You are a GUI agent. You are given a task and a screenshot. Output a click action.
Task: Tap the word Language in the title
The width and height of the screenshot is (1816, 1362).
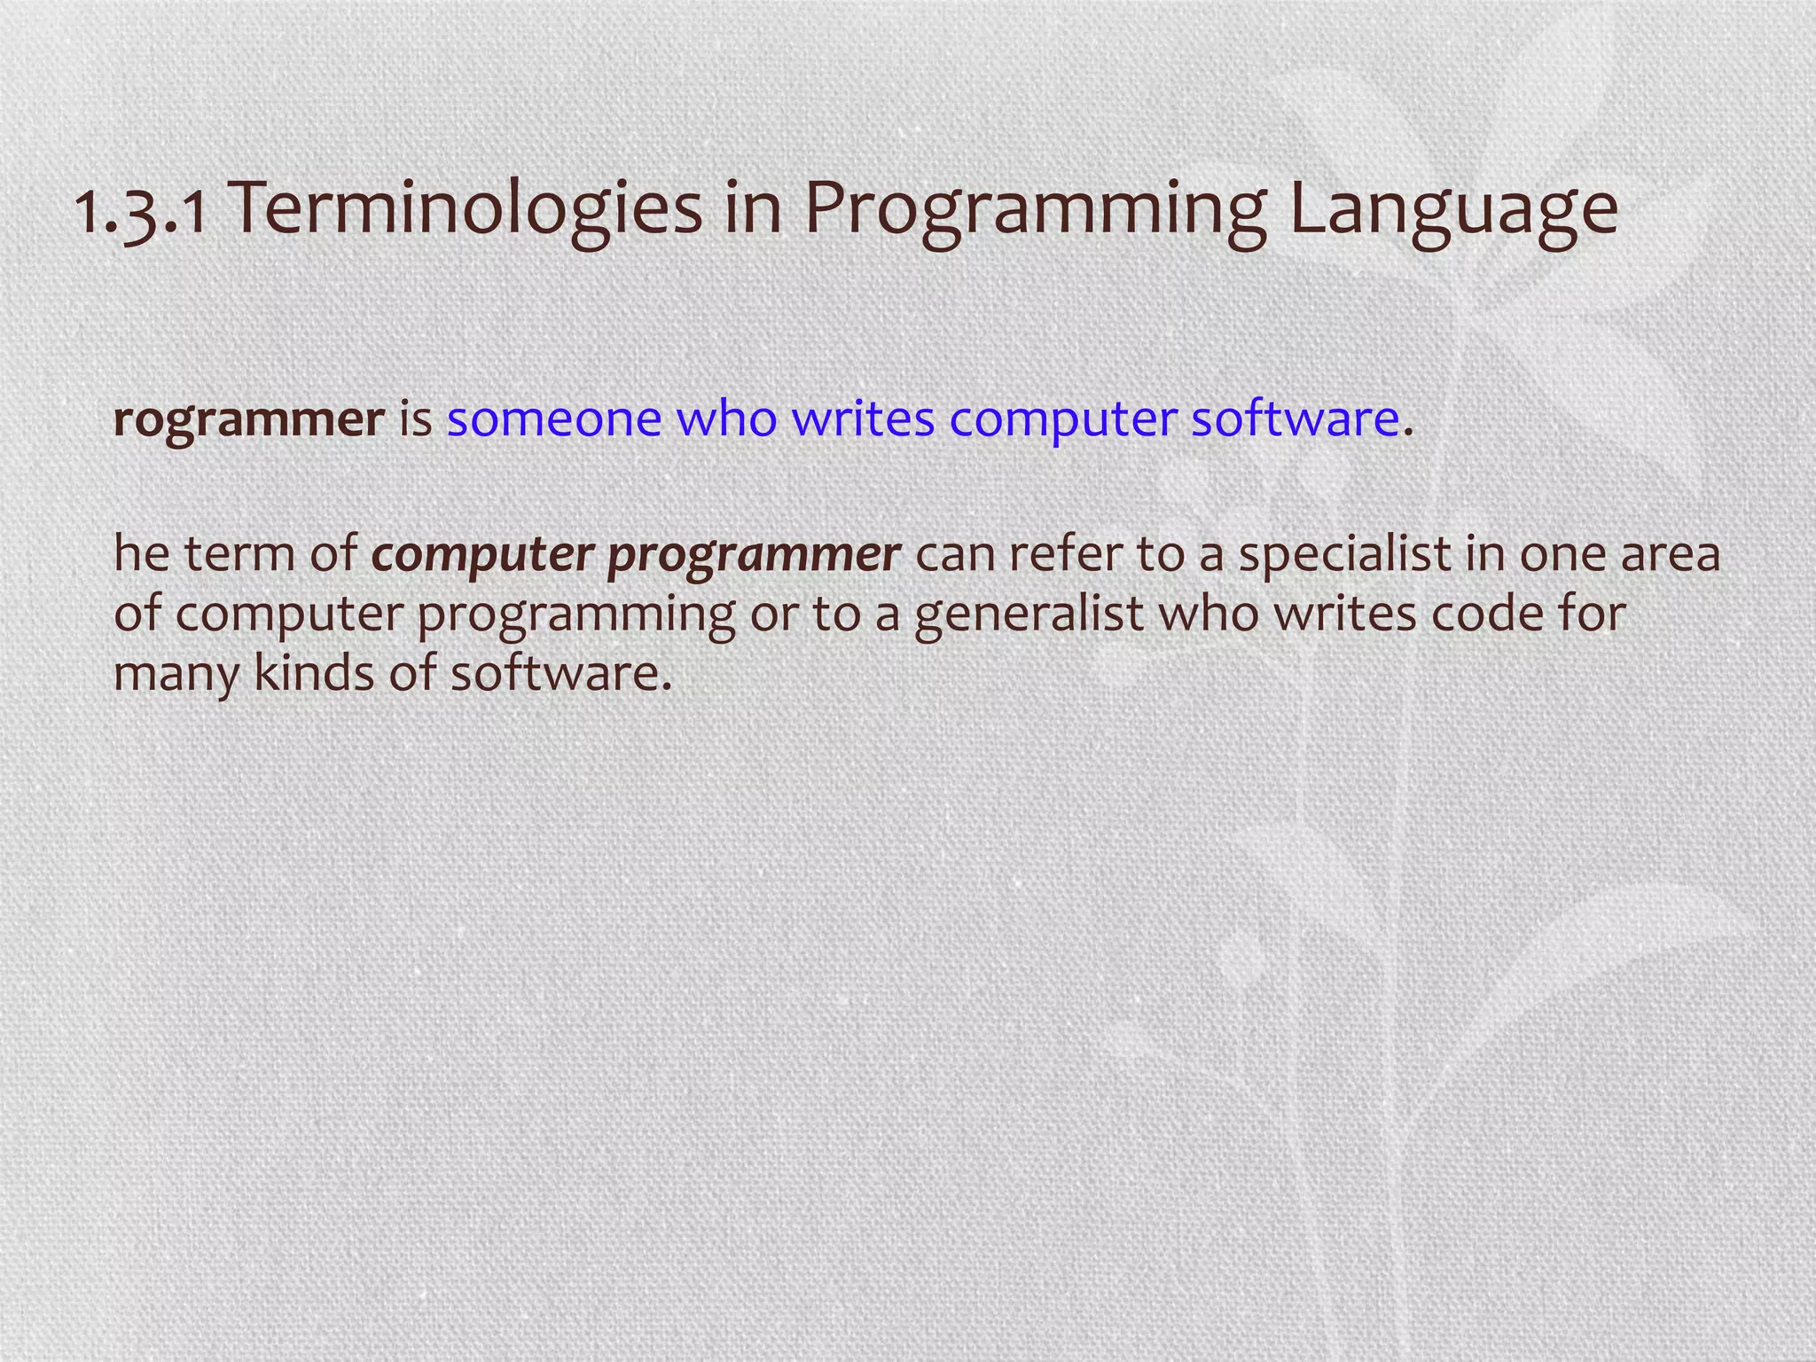point(1452,211)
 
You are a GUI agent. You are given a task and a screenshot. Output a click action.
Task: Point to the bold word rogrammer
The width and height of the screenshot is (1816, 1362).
point(248,419)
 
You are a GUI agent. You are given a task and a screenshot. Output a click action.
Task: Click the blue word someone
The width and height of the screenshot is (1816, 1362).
point(554,419)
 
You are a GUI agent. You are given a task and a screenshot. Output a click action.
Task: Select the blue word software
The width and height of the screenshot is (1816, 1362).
point(1295,419)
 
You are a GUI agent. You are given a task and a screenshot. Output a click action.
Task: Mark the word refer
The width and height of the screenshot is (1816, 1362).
point(1064,554)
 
